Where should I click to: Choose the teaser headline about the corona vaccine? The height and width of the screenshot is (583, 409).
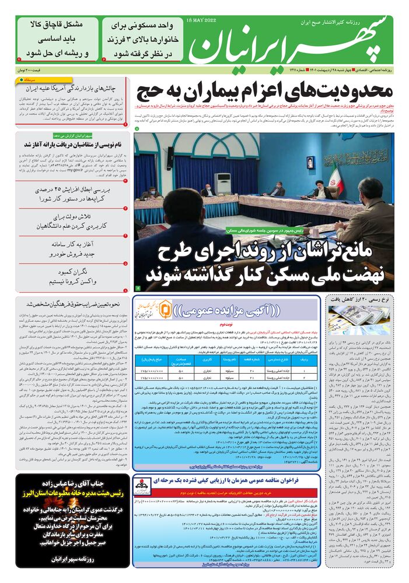click(x=72, y=277)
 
